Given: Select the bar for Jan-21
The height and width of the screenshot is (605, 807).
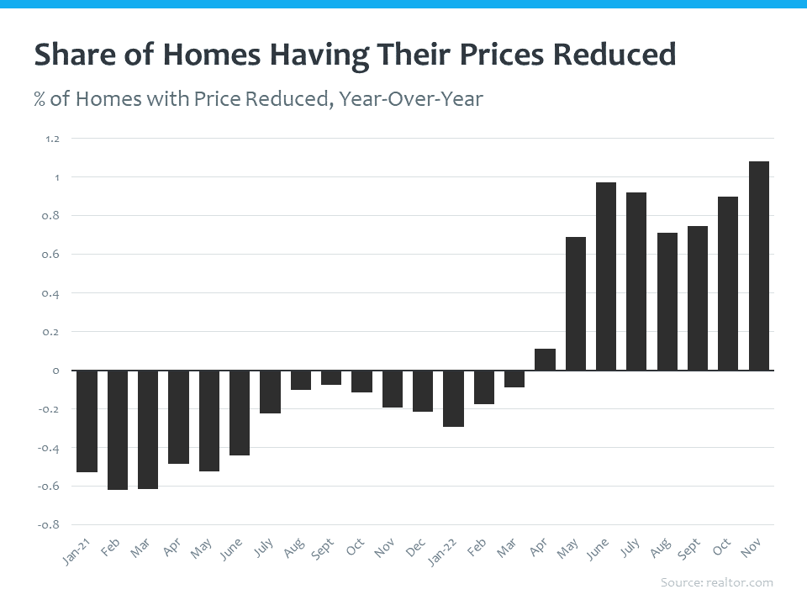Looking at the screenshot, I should [87, 421].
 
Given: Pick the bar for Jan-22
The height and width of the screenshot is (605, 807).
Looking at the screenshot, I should [453, 398].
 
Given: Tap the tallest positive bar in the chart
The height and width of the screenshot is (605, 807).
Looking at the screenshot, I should [758, 266].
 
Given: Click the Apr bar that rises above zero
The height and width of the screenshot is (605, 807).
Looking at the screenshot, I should [545, 360].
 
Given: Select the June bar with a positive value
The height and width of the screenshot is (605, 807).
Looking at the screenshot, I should [606, 276].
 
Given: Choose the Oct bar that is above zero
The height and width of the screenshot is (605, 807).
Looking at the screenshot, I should [728, 283].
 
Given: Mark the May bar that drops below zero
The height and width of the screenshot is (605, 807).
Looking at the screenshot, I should [208, 420].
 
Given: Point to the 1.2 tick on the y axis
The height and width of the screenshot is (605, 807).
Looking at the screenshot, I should [52, 139].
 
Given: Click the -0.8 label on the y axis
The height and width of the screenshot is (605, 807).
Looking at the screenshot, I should [50, 525].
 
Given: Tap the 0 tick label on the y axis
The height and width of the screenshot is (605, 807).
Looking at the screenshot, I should [55, 371].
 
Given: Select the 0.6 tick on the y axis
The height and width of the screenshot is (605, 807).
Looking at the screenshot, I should [52, 255].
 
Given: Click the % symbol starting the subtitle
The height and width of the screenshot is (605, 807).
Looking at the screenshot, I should [39, 99].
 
